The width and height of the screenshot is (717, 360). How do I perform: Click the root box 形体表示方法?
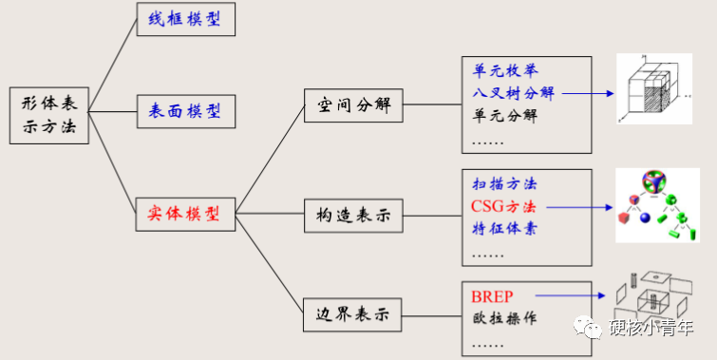click(49, 115)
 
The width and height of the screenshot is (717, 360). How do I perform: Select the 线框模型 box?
click(185, 18)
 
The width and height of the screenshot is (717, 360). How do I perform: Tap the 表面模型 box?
click(185, 111)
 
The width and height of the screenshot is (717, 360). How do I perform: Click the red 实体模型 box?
click(185, 214)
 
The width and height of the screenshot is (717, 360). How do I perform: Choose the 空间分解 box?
click(354, 104)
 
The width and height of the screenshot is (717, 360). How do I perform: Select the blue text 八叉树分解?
click(514, 93)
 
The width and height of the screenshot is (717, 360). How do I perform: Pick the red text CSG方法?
click(503, 206)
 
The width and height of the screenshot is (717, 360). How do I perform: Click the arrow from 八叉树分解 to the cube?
click(584, 93)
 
